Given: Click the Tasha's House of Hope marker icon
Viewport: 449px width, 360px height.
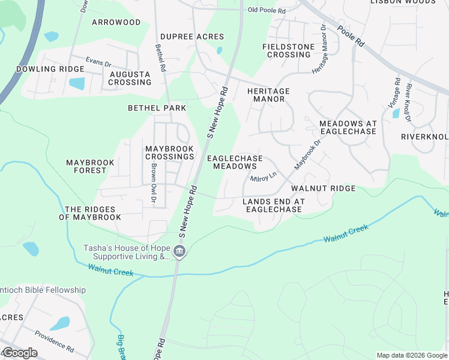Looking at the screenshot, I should pyautogui.click(x=179, y=251).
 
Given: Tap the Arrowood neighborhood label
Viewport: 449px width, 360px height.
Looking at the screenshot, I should pyautogui.click(x=116, y=22).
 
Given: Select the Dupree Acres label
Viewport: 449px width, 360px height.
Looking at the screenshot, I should pyautogui.click(x=192, y=37).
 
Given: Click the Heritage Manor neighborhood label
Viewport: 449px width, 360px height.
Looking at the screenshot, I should pyautogui.click(x=268, y=95).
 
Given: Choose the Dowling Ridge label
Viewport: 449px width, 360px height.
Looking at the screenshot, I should pyautogui.click(x=50, y=69).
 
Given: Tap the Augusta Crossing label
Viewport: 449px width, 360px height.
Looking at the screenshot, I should pyautogui.click(x=130, y=78).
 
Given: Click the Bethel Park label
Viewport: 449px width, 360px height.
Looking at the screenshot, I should pyautogui.click(x=157, y=108).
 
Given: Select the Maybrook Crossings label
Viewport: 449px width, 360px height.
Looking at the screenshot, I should pyautogui.click(x=170, y=152).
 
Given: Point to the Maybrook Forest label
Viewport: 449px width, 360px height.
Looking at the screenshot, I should pyautogui.click(x=86, y=166).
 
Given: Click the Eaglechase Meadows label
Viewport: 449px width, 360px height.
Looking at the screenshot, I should pyautogui.click(x=235, y=162).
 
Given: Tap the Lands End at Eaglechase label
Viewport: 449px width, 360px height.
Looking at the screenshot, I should pyautogui.click(x=273, y=205).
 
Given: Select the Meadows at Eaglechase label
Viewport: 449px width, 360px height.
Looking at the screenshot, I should pyautogui.click(x=348, y=127).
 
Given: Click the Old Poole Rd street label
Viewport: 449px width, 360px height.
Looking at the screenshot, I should pyautogui.click(x=267, y=10).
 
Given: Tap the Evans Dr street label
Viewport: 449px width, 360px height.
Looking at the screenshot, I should pyautogui.click(x=98, y=62).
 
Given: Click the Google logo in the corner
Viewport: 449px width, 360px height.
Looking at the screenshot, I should pyautogui.click(x=20, y=353).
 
